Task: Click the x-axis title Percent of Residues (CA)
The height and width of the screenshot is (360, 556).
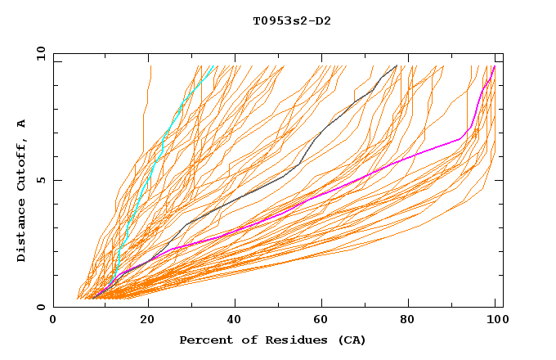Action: click(272, 340)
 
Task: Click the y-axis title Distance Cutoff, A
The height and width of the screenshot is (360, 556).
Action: click(22, 191)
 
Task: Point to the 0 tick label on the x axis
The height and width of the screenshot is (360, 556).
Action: click(54, 321)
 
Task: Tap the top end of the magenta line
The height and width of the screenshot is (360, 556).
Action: click(494, 66)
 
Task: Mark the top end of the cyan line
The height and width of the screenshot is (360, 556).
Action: click(213, 66)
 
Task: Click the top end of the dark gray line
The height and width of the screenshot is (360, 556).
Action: click(397, 66)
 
